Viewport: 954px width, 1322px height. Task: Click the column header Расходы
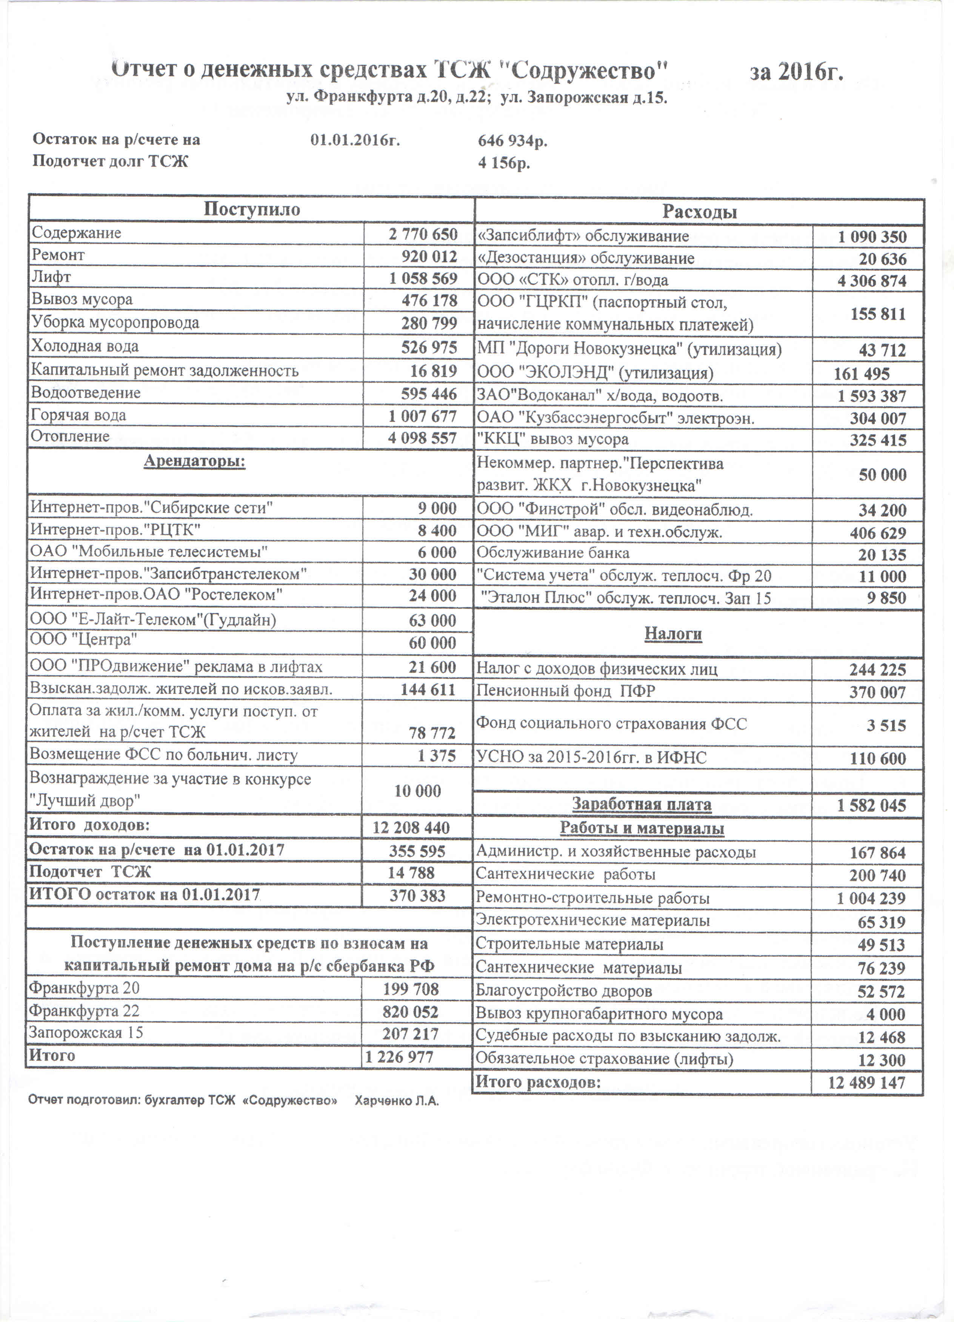(699, 212)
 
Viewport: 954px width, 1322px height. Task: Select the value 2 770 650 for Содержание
(423, 234)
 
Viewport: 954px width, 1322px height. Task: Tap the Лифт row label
(51, 277)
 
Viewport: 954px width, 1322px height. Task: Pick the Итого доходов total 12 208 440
(411, 828)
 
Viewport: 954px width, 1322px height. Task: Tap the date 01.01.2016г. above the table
(355, 140)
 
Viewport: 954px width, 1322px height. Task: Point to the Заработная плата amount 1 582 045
(871, 805)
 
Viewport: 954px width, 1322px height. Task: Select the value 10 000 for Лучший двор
(417, 791)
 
